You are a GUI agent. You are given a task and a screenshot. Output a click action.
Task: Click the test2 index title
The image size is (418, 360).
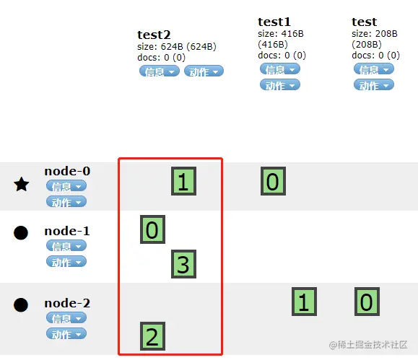click(x=154, y=35)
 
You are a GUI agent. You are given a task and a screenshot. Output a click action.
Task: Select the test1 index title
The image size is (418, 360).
click(x=274, y=22)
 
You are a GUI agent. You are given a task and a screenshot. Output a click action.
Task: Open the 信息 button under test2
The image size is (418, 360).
click(x=160, y=71)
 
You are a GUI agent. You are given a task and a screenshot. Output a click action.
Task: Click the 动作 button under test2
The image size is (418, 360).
click(x=204, y=71)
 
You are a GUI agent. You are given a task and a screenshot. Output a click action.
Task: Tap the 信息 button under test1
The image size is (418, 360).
click(x=280, y=69)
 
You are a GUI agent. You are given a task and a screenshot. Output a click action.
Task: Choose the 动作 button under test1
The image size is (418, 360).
click(x=280, y=85)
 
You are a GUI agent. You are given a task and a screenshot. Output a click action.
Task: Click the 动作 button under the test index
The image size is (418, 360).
click(x=374, y=85)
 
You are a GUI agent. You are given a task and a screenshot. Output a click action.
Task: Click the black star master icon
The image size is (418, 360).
click(x=22, y=185)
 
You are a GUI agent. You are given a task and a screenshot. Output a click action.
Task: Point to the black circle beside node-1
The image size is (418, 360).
click(x=21, y=233)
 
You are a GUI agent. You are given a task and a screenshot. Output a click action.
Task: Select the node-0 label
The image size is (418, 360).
click(x=67, y=171)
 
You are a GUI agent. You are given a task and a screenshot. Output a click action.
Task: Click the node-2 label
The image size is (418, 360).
click(x=67, y=303)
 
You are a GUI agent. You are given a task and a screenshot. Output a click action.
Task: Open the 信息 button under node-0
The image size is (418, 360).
click(x=66, y=185)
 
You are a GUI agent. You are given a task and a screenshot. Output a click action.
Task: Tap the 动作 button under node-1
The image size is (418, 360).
click(x=66, y=261)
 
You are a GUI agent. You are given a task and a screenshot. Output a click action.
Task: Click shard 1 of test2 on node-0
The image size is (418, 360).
click(x=183, y=181)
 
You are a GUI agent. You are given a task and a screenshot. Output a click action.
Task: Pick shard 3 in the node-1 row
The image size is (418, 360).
click(x=183, y=264)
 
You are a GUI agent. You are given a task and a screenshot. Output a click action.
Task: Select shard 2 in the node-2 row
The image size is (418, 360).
click(x=153, y=336)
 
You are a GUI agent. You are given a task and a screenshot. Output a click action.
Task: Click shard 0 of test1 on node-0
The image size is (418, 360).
click(x=273, y=181)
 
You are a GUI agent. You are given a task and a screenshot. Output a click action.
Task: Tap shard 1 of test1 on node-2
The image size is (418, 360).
click(x=304, y=302)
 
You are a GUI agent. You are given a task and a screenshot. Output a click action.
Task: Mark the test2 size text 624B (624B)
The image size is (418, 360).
click(x=188, y=47)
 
